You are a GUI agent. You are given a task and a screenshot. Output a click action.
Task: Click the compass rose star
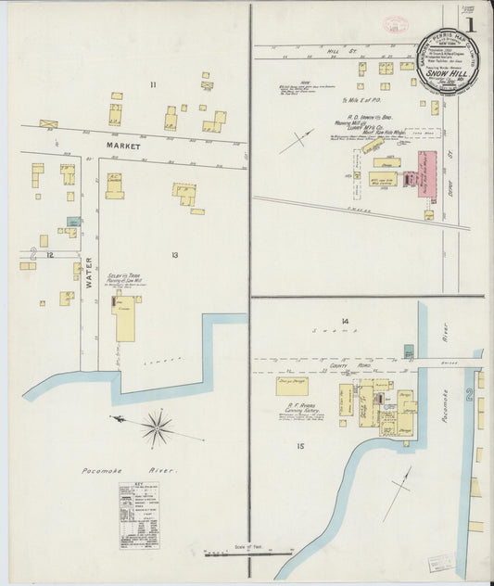coord(158,428)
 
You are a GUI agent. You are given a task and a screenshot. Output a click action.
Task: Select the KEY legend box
coord(138,515)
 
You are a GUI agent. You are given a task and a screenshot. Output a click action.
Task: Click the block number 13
coord(173,253)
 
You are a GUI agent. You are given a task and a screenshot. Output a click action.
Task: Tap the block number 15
coord(300,447)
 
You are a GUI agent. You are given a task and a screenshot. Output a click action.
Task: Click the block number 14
coord(345,322)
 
